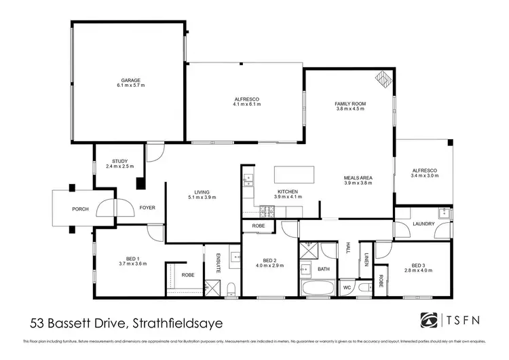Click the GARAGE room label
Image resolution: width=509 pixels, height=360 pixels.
[131, 80]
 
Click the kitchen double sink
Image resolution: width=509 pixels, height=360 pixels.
[248, 180]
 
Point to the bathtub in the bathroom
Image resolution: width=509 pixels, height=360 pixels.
[318, 289]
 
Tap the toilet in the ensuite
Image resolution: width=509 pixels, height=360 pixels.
[232, 287]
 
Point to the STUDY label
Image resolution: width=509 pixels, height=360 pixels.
[119, 161]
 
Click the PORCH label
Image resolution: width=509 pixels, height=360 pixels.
[81, 209]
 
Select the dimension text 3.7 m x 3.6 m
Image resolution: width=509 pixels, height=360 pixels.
[132, 263]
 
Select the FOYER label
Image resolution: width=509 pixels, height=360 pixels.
[147, 208]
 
